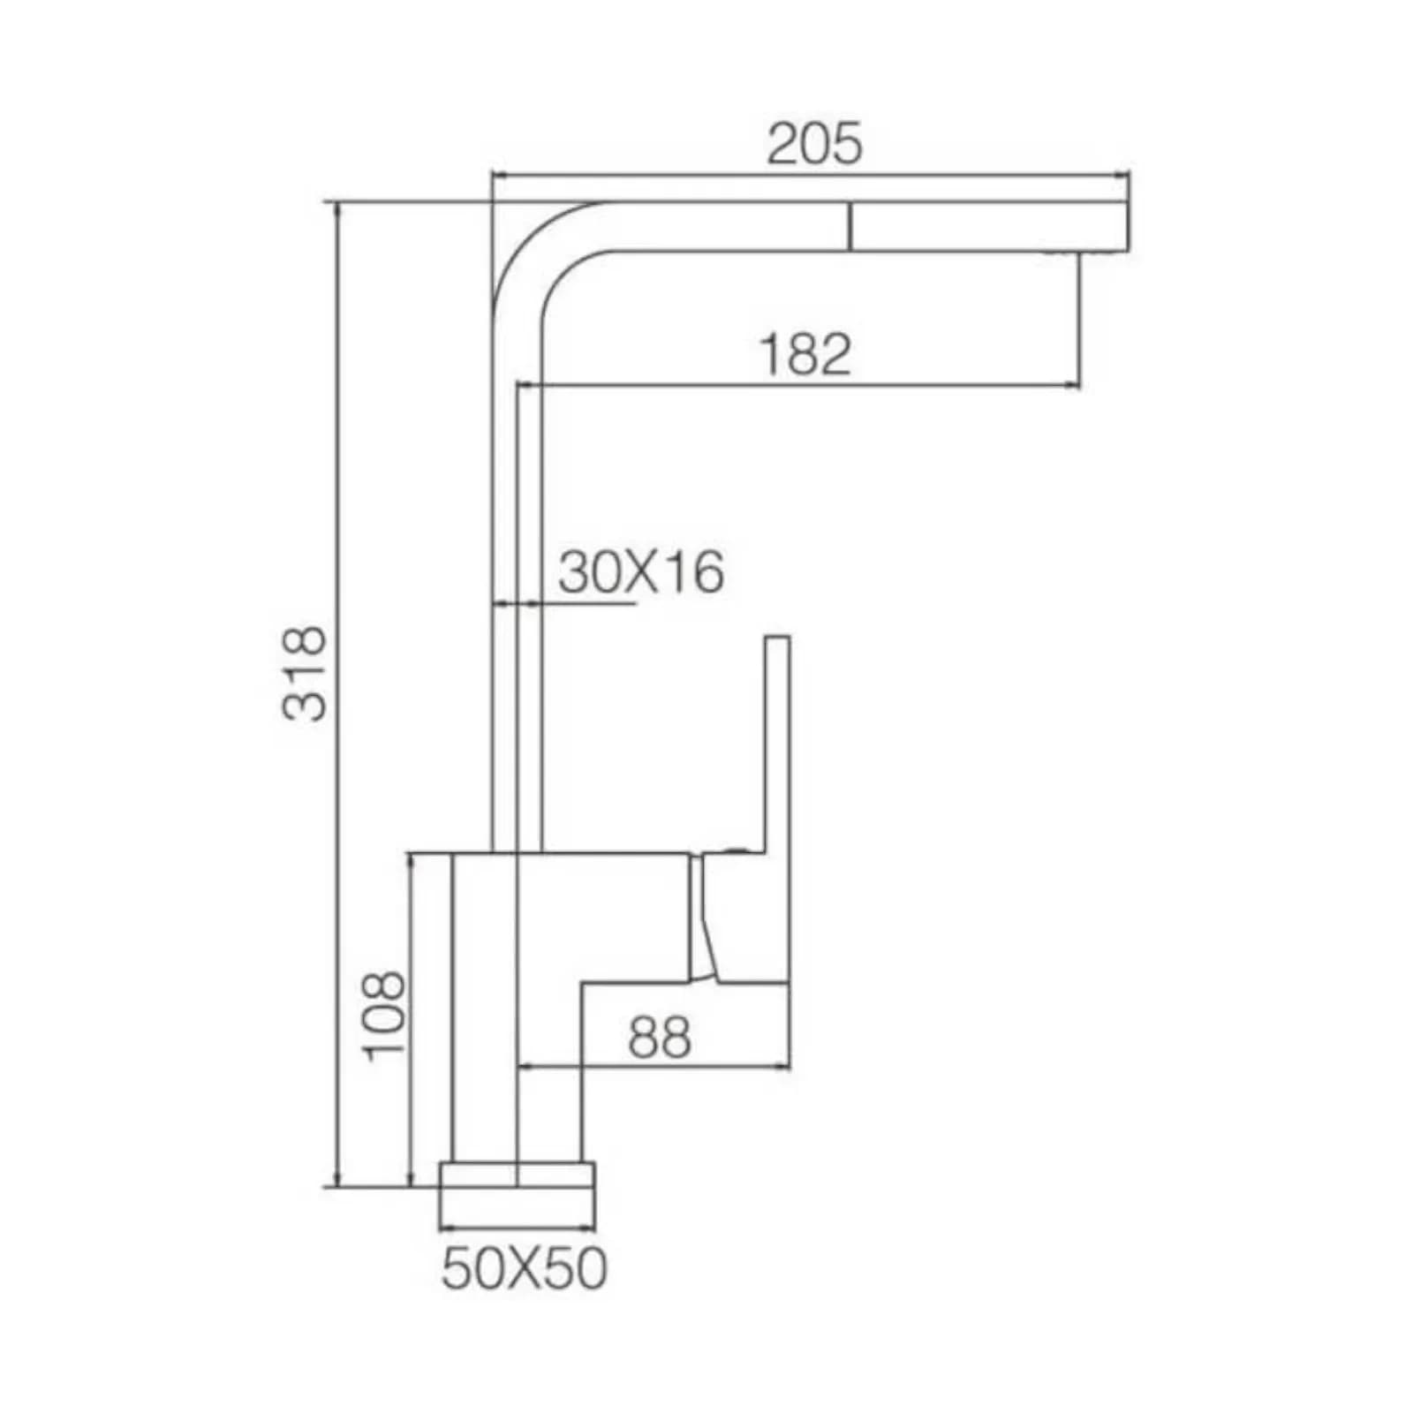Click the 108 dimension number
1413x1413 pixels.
(383, 1016)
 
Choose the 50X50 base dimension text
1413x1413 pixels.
(524, 1269)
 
